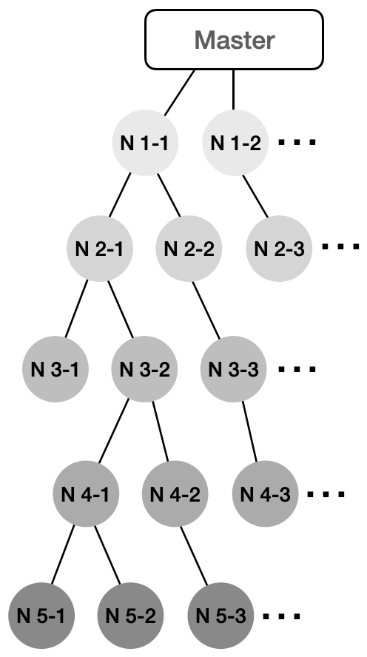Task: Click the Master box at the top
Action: tap(235, 39)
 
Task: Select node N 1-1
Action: tap(145, 143)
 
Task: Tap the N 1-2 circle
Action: tap(235, 143)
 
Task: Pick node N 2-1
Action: tap(100, 249)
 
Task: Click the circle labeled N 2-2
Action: tap(189, 249)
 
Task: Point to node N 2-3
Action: tap(279, 249)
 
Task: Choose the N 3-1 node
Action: tap(55, 369)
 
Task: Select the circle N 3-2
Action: tap(144, 369)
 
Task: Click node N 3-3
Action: tap(233, 369)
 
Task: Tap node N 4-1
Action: tap(86, 493)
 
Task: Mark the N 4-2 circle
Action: tap(175, 493)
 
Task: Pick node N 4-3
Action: tap(265, 493)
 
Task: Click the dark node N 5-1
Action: tap(41, 616)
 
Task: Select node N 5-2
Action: tap(131, 616)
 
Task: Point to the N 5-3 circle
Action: tap(220, 616)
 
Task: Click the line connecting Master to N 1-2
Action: tap(233, 90)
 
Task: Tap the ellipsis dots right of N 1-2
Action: tap(297, 143)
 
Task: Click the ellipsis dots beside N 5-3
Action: tap(282, 616)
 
